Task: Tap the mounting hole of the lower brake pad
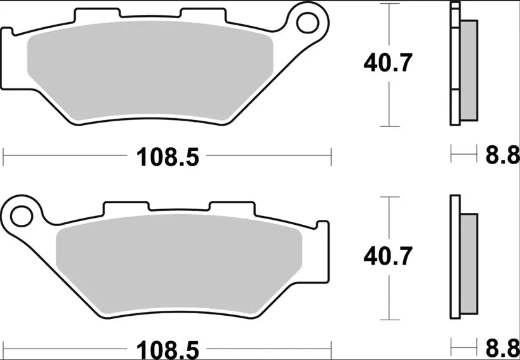click(x=21, y=215)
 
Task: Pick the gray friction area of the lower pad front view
click(x=179, y=269)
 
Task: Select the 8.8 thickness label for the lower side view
click(x=502, y=348)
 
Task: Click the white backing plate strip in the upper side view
click(x=454, y=63)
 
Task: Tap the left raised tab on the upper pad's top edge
click(x=97, y=14)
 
